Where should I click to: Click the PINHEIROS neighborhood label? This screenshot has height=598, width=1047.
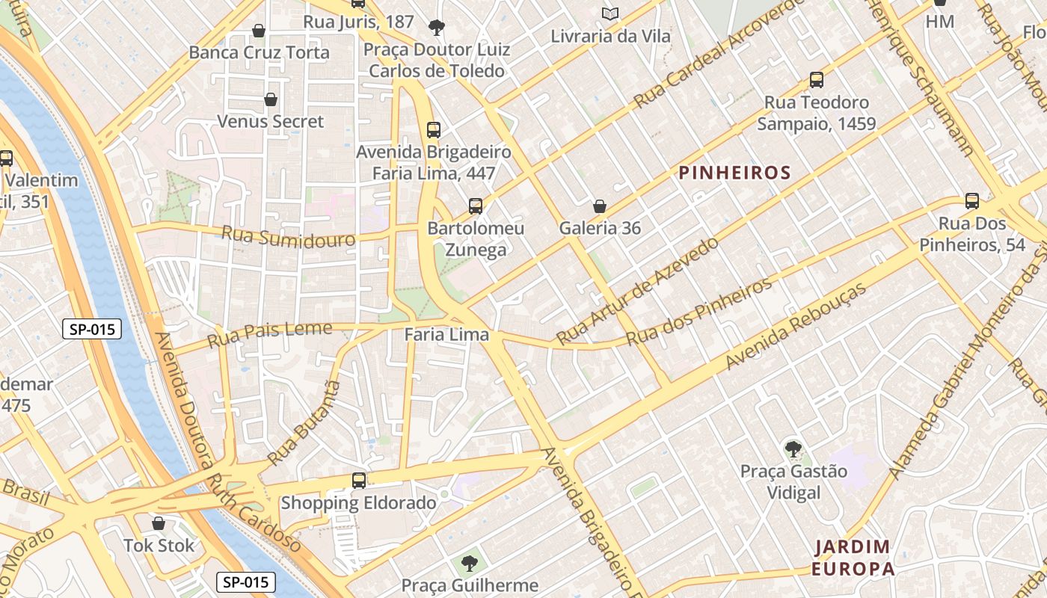[x=734, y=173]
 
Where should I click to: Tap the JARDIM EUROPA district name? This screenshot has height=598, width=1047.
[x=853, y=558]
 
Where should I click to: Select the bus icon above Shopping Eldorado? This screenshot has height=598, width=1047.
[x=359, y=481]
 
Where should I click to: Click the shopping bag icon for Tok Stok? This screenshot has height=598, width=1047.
[x=158, y=523]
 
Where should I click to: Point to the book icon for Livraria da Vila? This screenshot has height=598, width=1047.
[x=610, y=13]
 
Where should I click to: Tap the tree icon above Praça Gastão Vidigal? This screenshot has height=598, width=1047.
[x=793, y=449]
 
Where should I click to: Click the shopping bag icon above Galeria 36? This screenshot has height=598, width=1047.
[x=599, y=206]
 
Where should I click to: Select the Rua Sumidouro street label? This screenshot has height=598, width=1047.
[x=288, y=237]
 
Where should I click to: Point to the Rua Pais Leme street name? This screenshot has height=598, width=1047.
[x=269, y=334]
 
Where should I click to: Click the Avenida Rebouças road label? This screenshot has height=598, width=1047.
[x=796, y=326]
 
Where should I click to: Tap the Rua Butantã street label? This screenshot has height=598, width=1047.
[x=304, y=423]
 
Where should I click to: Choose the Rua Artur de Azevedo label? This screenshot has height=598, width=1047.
[x=637, y=292]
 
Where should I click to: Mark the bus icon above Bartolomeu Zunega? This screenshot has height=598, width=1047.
[x=475, y=206]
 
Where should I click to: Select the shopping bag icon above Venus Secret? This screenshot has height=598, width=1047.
[x=271, y=99]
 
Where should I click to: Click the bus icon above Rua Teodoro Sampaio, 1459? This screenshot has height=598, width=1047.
[x=816, y=80]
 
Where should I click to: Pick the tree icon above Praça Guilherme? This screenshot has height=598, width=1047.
[x=469, y=563]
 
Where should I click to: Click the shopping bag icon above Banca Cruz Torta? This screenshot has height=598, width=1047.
[x=259, y=31]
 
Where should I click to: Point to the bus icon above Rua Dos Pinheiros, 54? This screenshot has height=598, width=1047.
[x=971, y=201]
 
